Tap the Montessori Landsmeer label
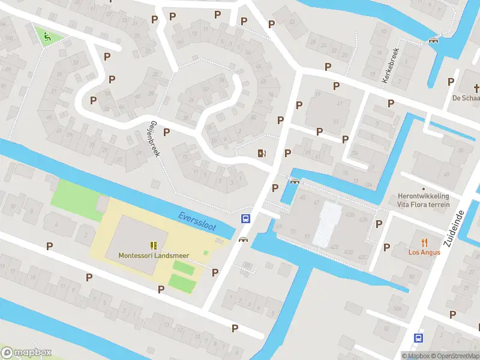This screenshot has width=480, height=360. pos(154,255)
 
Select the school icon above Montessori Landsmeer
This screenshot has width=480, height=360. pos(154,245)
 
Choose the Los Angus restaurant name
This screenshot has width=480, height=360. pos(424,252)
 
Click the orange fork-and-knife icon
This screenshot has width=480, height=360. pos(425,242)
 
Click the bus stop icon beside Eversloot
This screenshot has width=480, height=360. pos(245,218)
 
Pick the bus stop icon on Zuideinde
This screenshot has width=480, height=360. pos(418,338)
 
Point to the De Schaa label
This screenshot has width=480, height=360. pos(466,98)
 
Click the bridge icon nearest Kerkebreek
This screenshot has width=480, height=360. pos(433,40)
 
